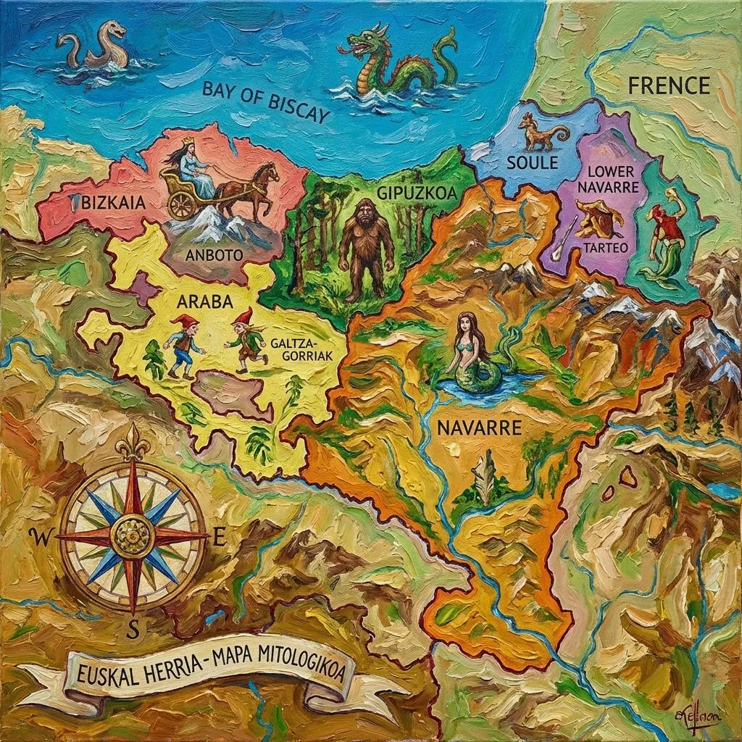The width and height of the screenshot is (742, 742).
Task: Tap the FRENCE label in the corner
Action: (x=668, y=86)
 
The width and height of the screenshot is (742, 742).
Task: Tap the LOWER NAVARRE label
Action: (x=611, y=180)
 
